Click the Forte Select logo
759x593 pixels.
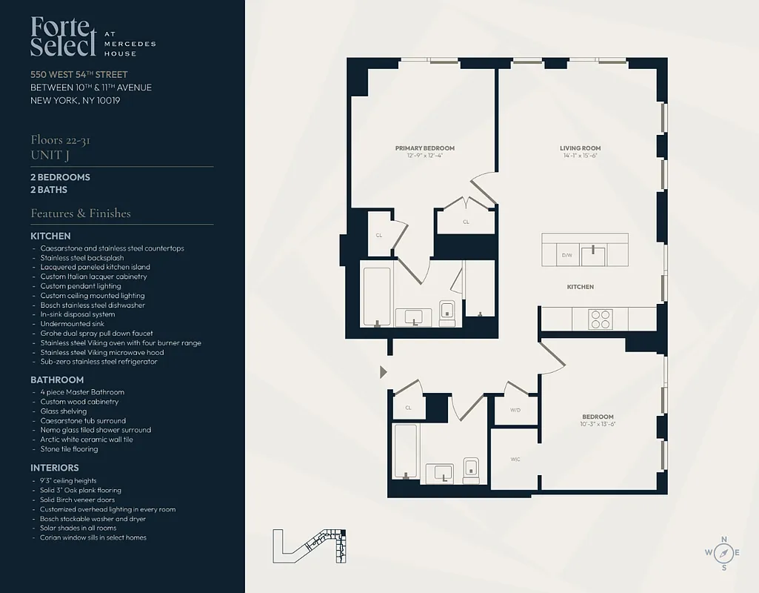point(64,36)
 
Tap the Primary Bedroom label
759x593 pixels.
point(424,148)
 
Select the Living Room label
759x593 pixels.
point(580,148)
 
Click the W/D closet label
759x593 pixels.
point(515,409)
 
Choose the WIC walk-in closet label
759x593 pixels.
point(515,460)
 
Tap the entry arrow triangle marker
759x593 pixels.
point(383,371)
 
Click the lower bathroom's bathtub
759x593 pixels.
point(406,451)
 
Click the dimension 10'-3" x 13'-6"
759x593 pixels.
point(597,424)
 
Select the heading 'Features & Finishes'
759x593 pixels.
point(81,213)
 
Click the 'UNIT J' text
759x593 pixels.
point(50,154)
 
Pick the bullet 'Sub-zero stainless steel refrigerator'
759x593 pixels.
point(99,362)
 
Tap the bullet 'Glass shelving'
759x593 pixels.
point(64,411)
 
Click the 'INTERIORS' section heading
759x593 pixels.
point(55,468)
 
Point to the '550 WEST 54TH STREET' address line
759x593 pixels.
point(79,74)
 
